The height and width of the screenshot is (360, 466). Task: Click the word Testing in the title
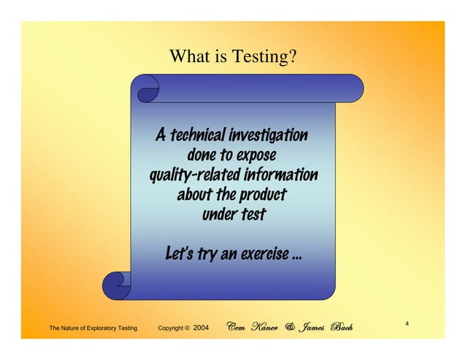[x=268, y=56]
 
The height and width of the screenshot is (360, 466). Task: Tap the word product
[x=261, y=195]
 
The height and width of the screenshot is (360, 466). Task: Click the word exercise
[x=262, y=255]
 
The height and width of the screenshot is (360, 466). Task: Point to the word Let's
[x=180, y=255]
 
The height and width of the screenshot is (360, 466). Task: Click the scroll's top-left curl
[x=147, y=89]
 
